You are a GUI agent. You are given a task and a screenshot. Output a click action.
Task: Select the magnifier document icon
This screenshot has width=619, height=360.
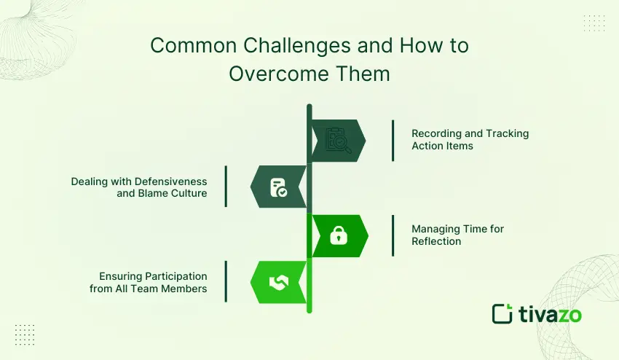(339, 139)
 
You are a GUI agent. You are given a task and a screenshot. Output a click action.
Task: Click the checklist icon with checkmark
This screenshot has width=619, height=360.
(277, 187)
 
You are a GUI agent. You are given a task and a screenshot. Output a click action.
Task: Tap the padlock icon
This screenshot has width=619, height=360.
(339, 235)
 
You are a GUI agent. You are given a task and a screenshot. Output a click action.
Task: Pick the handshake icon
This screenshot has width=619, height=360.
(278, 283)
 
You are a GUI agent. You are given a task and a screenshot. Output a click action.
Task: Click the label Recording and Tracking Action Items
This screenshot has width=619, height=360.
(470, 139)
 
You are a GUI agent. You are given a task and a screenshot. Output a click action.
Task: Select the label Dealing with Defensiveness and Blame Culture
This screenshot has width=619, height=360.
(139, 187)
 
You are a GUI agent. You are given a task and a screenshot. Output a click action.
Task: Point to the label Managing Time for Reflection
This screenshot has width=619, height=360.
(457, 235)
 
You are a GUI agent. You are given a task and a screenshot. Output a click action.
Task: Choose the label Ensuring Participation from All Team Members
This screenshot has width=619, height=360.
(153, 283)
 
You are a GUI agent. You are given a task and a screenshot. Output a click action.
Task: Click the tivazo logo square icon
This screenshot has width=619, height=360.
(502, 313)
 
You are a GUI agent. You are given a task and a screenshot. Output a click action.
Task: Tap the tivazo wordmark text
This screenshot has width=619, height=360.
(551, 314)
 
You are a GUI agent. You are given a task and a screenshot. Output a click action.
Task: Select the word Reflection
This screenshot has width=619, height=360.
(436, 241)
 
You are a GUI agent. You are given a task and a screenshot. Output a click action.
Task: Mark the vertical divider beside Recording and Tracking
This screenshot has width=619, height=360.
(393, 140)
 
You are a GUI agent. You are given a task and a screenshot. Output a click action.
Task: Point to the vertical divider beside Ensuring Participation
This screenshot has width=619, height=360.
(226, 281)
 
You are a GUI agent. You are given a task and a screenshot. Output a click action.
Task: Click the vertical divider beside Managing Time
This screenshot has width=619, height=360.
(393, 235)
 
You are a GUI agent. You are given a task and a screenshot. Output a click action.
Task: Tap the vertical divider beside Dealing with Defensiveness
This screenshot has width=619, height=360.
(226, 187)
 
